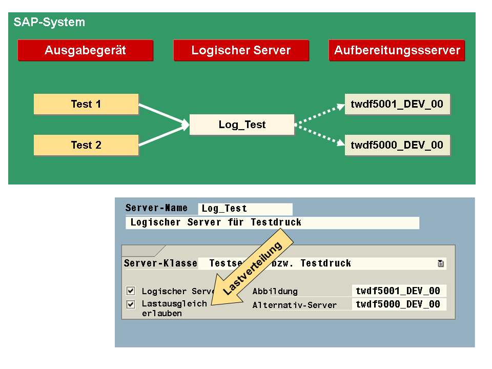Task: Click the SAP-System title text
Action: pos(49,22)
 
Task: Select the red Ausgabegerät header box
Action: pos(86,50)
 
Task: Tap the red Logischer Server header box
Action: pos(241,50)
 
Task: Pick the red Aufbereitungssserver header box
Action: pos(397,50)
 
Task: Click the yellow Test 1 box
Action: pos(86,104)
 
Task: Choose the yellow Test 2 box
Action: pos(86,145)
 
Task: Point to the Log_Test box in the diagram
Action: pos(242,125)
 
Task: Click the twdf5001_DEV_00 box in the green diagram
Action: pos(397,104)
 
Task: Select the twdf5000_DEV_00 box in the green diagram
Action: pos(397,145)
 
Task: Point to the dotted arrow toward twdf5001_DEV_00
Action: pos(319,114)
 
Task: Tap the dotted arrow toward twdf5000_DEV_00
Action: pos(319,135)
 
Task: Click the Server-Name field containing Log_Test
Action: pos(245,209)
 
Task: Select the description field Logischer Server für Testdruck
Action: pos(272,223)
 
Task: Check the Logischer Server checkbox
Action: pos(131,291)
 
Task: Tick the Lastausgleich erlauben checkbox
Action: pos(131,304)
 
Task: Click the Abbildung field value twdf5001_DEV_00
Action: pos(399,291)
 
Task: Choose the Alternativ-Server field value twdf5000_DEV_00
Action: pos(399,304)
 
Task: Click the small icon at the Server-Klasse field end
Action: pos(441,263)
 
